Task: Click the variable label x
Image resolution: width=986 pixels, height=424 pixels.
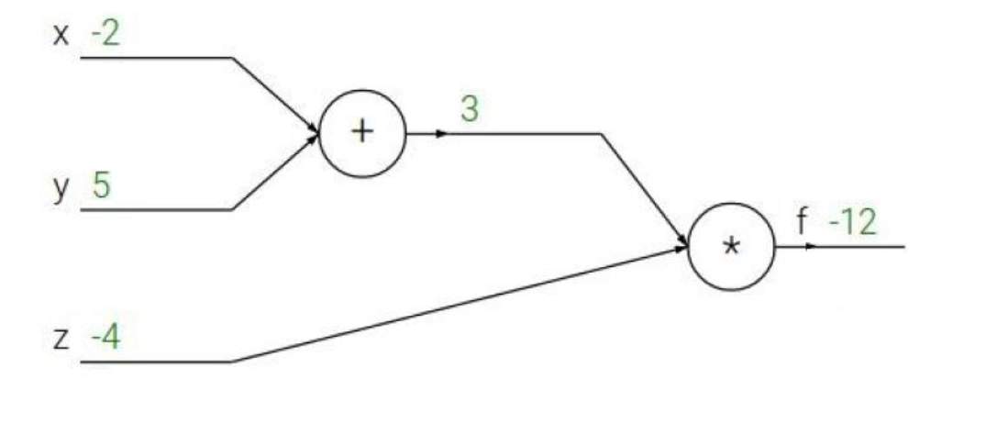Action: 61,39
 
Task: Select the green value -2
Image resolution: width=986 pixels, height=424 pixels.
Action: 106,38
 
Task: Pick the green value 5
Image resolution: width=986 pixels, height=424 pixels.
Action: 101,187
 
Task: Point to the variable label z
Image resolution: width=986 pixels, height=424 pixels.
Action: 61,341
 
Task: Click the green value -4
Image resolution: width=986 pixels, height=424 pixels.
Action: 105,340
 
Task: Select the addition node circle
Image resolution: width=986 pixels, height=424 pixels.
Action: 362,133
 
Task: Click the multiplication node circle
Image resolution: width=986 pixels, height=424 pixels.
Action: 731,246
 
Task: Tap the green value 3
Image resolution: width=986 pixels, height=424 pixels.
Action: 469,109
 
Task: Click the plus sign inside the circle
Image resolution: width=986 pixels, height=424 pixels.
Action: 362,132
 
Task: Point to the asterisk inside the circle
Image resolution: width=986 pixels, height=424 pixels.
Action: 731,247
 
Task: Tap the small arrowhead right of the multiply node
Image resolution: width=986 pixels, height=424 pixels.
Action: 810,246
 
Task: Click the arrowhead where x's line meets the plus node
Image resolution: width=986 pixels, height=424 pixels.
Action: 314,129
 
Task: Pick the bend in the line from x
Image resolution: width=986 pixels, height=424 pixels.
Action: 232,57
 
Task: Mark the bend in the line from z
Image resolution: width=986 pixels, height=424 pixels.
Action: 231,362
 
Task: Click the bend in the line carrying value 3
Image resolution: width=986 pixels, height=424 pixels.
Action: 601,133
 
